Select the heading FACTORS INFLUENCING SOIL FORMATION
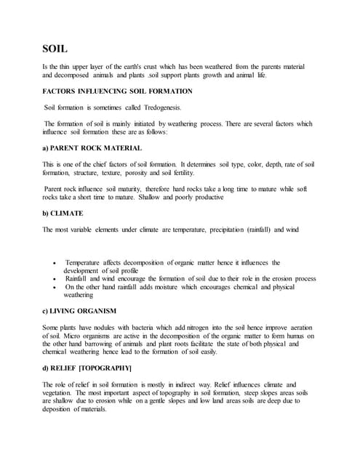click(118, 92)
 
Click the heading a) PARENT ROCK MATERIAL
click(92, 148)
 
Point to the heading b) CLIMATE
click(63, 214)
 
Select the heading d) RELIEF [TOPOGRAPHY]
click(91, 369)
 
